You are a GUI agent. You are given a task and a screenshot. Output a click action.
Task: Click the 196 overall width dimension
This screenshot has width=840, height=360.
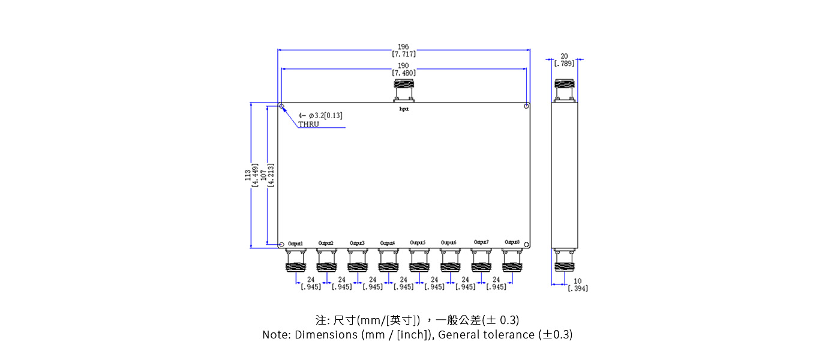pos(403,47)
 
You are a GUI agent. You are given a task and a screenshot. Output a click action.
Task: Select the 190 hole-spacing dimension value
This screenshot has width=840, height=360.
pos(403,66)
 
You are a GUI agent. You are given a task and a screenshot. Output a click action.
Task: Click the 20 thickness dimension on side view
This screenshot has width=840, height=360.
pos(564,56)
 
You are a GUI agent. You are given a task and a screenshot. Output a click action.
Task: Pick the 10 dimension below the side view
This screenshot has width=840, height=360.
pos(577,281)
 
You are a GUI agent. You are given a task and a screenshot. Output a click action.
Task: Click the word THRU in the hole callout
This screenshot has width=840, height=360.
pos(308,124)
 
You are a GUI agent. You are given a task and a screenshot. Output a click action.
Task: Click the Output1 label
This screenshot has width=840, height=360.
pos(295,243)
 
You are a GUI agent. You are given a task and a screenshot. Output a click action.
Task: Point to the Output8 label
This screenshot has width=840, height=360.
pos(512,242)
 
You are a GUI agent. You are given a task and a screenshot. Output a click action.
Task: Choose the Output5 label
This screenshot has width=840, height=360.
pos(418,242)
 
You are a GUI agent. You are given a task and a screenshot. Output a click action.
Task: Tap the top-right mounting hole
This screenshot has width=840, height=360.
pos(526,106)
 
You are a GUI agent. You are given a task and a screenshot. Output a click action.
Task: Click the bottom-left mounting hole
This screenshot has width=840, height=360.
pos(281,244)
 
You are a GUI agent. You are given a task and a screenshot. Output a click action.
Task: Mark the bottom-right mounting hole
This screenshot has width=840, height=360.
pos(526,244)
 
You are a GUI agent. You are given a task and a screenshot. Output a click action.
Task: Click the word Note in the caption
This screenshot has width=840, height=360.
pos(275,335)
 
